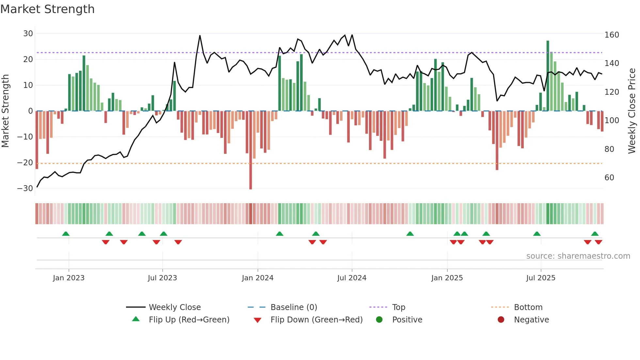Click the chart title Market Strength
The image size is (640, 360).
click(x=47, y=9)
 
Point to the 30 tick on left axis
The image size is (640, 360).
click(x=28, y=34)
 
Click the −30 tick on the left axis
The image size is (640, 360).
click(x=25, y=188)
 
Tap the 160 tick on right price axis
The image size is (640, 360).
click(x=612, y=35)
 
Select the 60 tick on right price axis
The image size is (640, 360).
click(x=609, y=178)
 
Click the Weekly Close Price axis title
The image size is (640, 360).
click(x=632, y=111)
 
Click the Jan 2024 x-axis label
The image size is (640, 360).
click(x=257, y=278)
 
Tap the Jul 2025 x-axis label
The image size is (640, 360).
click(x=540, y=278)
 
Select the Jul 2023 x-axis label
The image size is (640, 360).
click(x=162, y=278)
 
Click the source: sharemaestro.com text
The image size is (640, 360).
click(x=578, y=256)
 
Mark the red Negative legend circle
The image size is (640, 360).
click(x=501, y=320)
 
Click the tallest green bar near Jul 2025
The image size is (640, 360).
click(x=548, y=75)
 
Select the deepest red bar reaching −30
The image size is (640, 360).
click(x=250, y=150)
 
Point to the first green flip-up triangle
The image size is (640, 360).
click(x=66, y=234)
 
